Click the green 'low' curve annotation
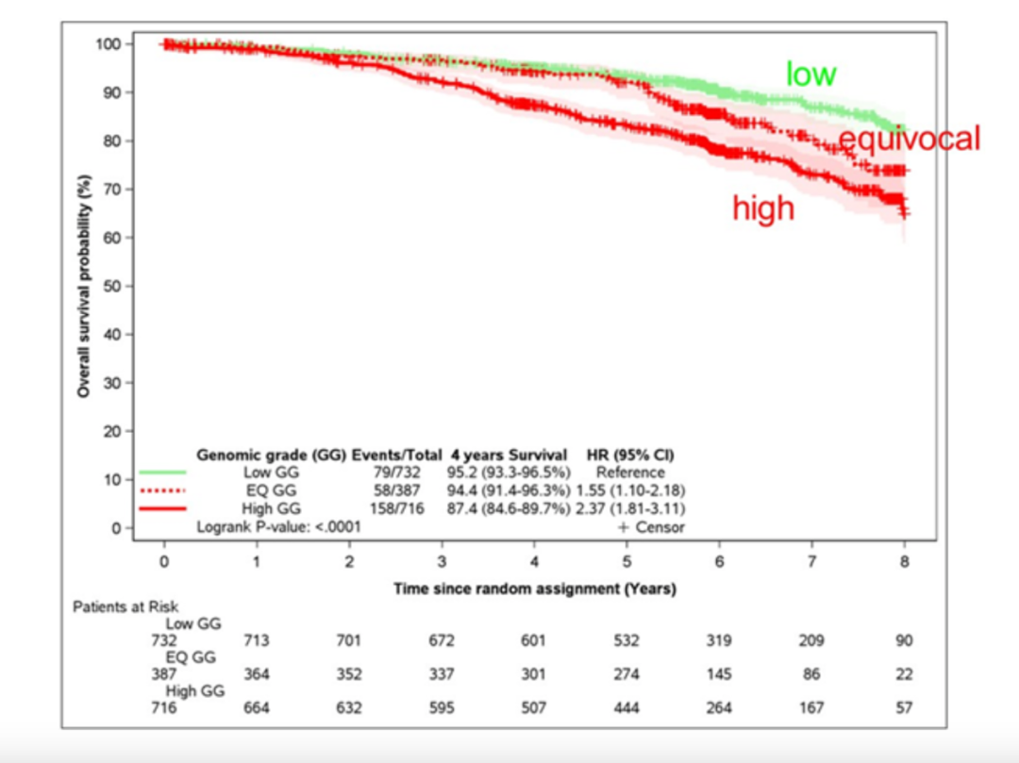810,75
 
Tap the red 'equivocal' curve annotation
910,140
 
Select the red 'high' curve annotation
763,207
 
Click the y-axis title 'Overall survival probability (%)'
84,285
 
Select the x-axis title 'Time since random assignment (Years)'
534,589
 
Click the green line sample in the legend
162,472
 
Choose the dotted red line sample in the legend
162,490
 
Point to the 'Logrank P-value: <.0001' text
278,527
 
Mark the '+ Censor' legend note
651,527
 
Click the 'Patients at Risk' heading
125,607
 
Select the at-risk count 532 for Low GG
626,641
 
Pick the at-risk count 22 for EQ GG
904,674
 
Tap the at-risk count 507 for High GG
534,708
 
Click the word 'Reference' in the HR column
630,472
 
